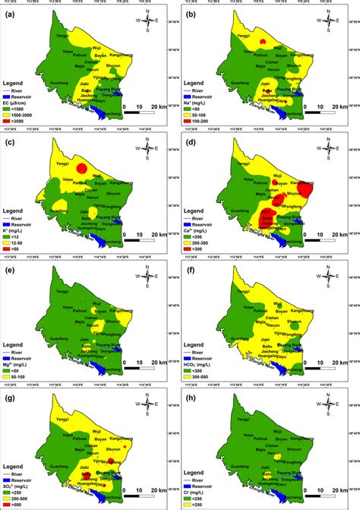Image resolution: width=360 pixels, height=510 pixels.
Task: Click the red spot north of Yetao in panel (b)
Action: click(x=262, y=42)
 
